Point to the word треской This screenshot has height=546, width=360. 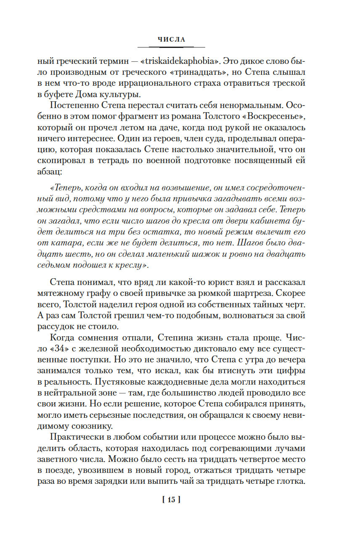(x=289, y=83)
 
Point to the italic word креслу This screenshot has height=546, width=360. (x=133, y=265)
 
